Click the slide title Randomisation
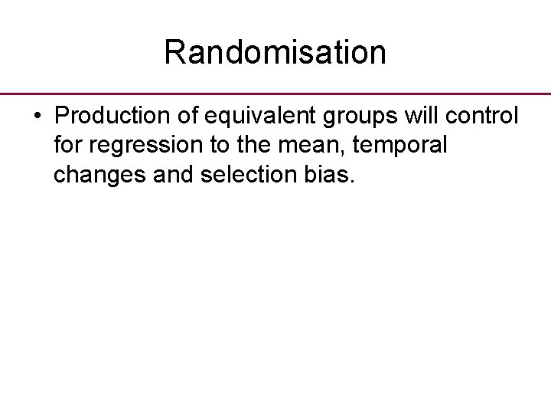coord(275,52)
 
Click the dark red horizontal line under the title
coord(275,94)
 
